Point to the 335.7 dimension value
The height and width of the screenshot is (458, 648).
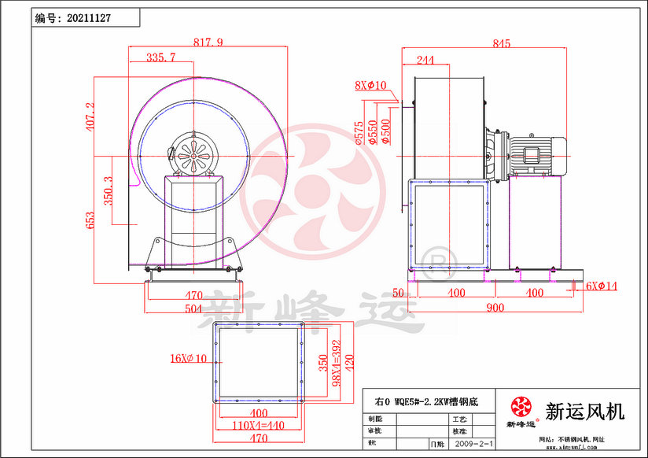pos(160,57)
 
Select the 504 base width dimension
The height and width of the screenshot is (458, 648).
pos(193,308)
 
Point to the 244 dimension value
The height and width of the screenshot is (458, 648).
pos(425,60)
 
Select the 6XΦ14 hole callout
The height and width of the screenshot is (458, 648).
pos(602,286)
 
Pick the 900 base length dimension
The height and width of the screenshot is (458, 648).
pos(495,308)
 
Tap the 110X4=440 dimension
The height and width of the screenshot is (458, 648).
pos(259,425)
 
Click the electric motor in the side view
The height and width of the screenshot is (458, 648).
pos(534,151)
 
